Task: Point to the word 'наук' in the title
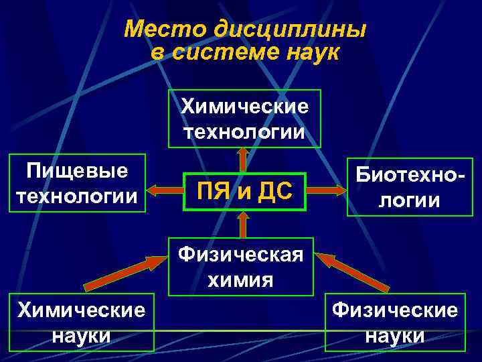(x=312, y=52)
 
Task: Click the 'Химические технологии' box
(x=244, y=118)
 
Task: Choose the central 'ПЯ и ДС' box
(x=244, y=192)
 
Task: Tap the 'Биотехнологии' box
(x=409, y=187)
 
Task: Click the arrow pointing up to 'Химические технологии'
(x=243, y=160)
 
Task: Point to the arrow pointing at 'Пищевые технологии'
(x=165, y=192)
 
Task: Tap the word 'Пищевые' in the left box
(x=78, y=172)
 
